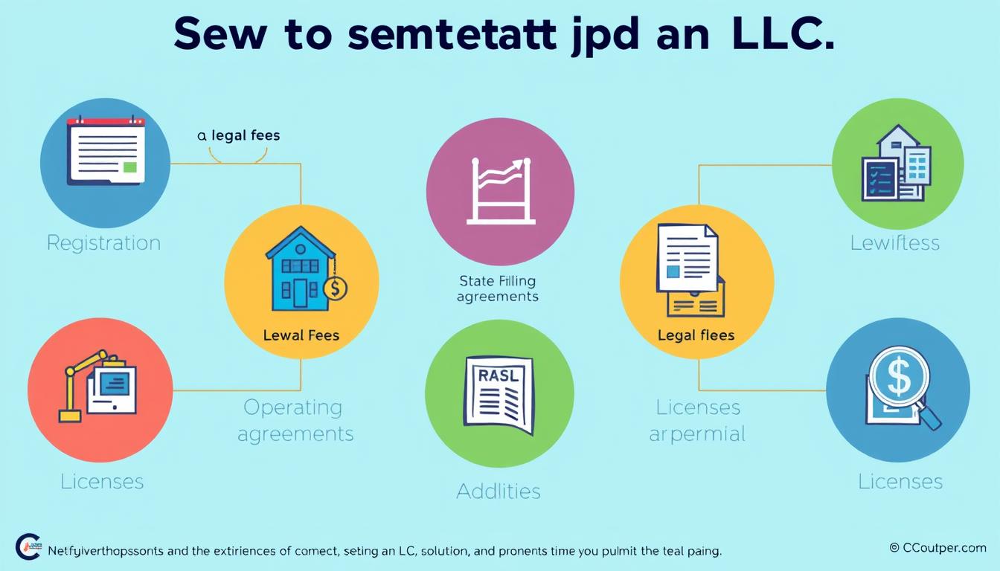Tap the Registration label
click(103, 243)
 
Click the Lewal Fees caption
click(301, 335)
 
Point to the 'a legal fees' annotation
click(238, 136)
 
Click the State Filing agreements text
click(498, 288)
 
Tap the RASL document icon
click(499, 394)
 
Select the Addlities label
click(499, 491)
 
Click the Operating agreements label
click(295, 420)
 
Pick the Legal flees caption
click(696, 335)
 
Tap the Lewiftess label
click(895, 243)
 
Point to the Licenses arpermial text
click(697, 420)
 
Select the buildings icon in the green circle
click(896, 164)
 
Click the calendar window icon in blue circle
click(105, 152)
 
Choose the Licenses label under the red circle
click(102, 481)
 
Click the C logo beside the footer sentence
click(28, 547)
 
